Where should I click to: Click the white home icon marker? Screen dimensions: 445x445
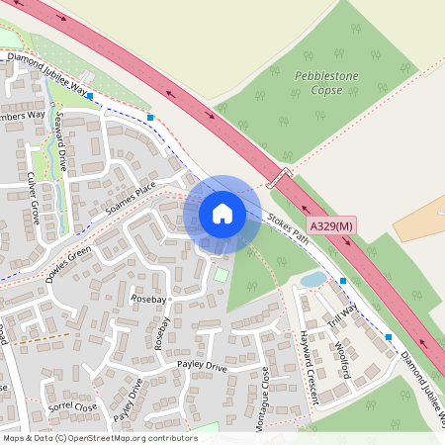222,213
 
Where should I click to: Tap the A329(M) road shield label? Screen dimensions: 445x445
330,226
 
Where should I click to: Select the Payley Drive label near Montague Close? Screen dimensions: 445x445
202,367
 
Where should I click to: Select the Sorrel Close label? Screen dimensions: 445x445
72,406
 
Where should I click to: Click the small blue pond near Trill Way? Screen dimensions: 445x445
312,281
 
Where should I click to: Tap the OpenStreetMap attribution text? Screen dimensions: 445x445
100,437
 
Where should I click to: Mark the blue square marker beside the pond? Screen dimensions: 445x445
343,282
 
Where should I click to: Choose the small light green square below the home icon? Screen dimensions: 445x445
222,274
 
